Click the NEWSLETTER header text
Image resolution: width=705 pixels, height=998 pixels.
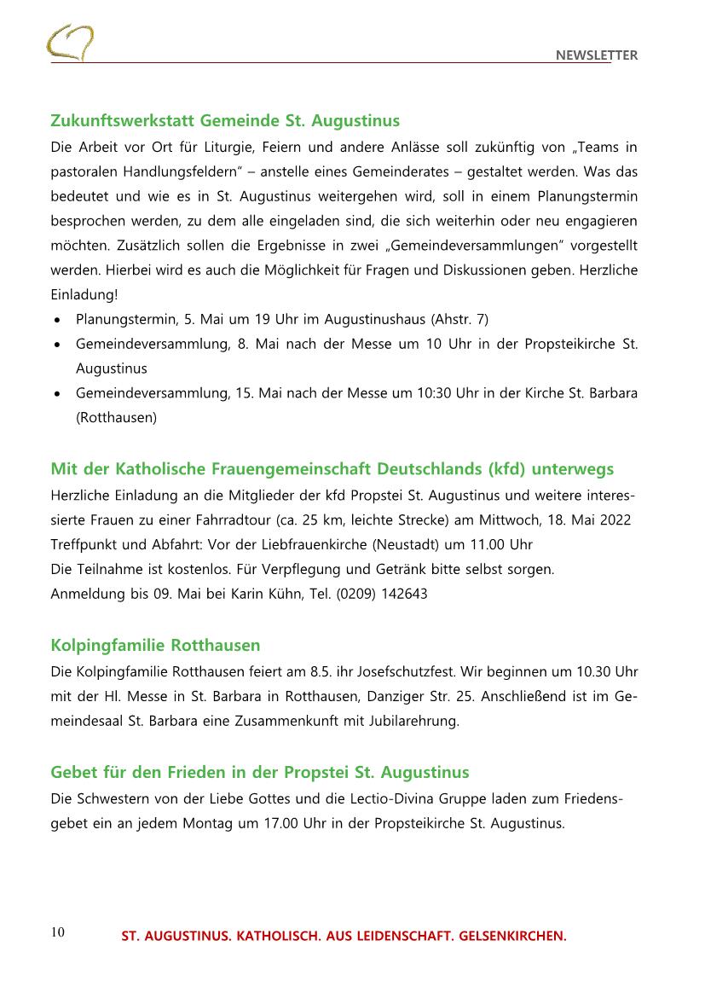(596, 55)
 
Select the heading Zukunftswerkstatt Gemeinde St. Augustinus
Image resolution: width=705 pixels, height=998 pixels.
(225, 120)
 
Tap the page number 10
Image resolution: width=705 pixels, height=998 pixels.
(57, 931)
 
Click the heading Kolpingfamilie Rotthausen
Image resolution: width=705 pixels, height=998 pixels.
(155, 644)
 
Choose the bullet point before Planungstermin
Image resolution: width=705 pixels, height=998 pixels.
(56, 319)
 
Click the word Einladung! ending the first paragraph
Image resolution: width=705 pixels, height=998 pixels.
(84, 295)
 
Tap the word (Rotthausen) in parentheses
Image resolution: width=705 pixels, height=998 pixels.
(116, 418)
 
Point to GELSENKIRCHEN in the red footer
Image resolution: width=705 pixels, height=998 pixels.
(512, 936)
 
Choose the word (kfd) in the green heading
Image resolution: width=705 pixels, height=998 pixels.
(509, 469)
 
